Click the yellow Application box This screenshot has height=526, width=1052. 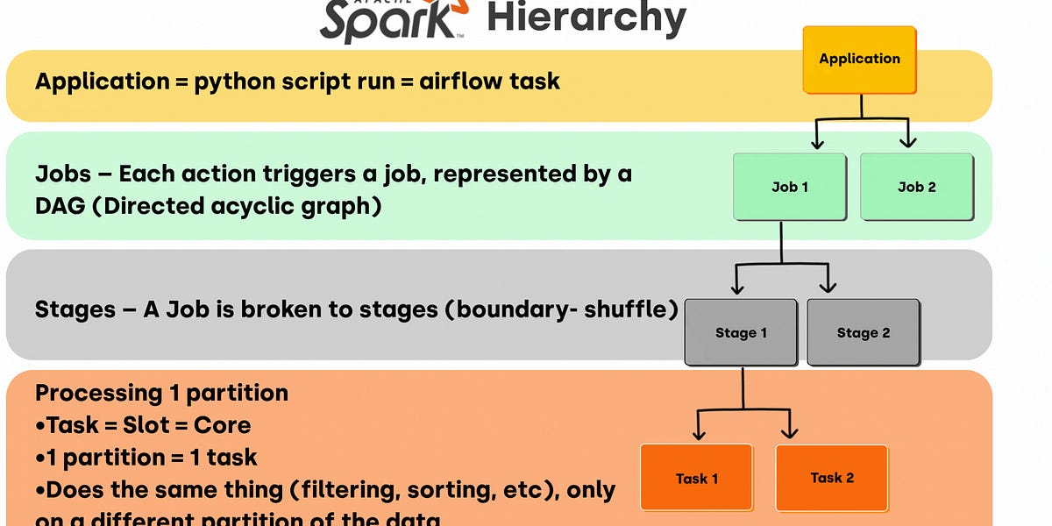click(x=859, y=59)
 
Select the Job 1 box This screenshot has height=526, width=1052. click(x=789, y=187)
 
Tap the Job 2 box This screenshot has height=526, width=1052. click(x=916, y=187)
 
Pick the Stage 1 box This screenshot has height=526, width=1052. click(x=741, y=333)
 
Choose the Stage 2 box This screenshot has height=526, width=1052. click(x=864, y=333)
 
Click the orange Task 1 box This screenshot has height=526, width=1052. click(x=697, y=478)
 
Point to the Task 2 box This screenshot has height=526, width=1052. click(x=832, y=478)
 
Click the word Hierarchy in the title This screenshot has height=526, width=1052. click(x=586, y=19)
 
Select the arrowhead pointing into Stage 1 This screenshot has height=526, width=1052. click(x=737, y=288)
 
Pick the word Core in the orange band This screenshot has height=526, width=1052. click(x=222, y=425)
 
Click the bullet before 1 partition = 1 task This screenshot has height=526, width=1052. click(x=40, y=458)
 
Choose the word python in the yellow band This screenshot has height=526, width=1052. click(x=231, y=82)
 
